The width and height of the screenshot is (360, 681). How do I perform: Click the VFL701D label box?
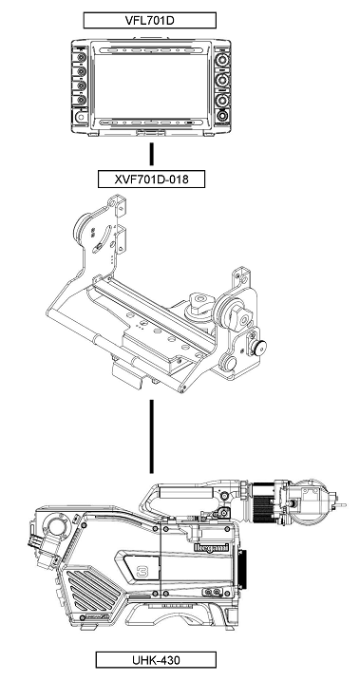[150, 20]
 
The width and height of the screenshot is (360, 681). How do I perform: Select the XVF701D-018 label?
[152, 179]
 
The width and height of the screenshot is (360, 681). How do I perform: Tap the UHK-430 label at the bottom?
[156, 660]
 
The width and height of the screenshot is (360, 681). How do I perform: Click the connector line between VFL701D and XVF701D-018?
[152, 154]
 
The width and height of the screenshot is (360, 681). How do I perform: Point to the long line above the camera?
[152, 436]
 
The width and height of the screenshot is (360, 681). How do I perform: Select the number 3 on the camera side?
[142, 572]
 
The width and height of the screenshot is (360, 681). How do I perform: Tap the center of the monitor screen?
[151, 86]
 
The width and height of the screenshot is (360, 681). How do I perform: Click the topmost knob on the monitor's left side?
[81, 57]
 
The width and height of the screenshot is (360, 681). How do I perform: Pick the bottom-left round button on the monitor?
[80, 117]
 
